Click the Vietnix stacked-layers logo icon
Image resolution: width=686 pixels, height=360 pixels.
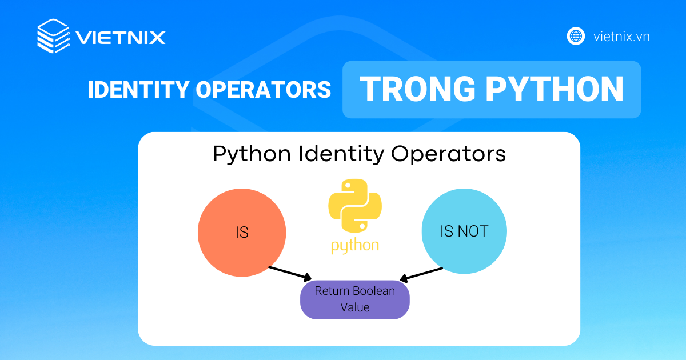click(x=53, y=36)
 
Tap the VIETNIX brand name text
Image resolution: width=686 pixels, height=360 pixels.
click(x=121, y=38)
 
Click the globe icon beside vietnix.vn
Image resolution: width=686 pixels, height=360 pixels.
click(x=576, y=36)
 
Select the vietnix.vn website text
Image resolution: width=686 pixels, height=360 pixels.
click(x=621, y=37)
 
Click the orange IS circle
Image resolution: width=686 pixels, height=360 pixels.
click(x=242, y=233)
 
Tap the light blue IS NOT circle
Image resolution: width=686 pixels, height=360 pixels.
click(x=464, y=231)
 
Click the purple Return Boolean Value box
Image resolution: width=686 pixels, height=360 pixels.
click(x=355, y=299)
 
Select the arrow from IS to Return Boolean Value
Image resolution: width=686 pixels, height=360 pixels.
click(x=290, y=273)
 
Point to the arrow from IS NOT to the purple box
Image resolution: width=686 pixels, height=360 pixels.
click(x=421, y=274)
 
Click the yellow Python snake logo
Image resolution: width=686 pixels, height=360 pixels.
click(x=355, y=207)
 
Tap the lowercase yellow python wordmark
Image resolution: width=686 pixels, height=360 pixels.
click(x=355, y=246)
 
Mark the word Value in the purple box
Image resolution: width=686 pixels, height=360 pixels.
click(x=355, y=307)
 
